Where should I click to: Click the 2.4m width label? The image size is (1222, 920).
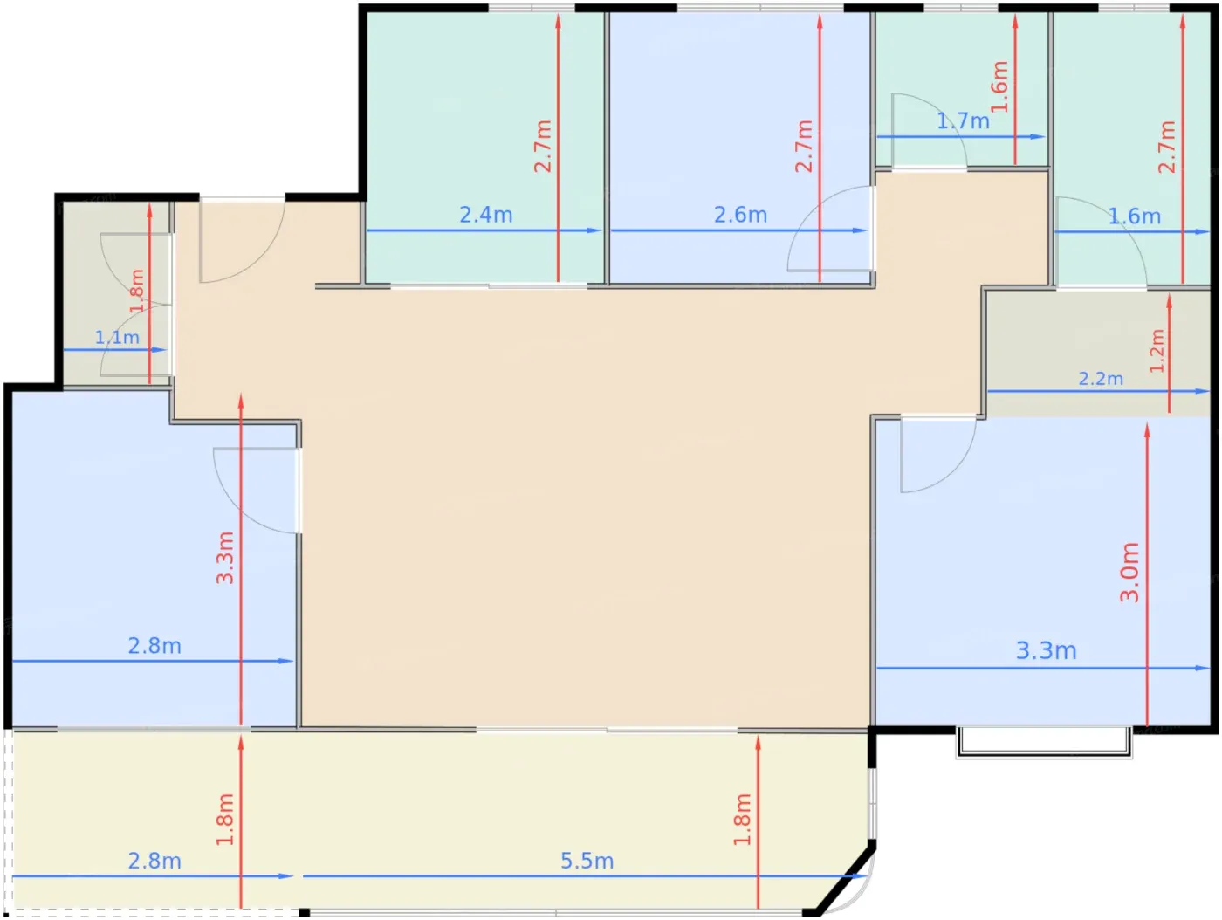coord(485,215)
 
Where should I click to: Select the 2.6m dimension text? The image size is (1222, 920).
coord(740,215)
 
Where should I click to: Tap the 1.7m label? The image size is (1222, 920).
coord(963,120)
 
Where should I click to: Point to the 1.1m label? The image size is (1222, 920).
coord(117,337)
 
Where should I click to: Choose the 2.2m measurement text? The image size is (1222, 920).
coord(1101,379)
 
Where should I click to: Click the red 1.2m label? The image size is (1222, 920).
coord(1157,350)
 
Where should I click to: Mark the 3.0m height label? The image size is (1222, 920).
coord(1130,572)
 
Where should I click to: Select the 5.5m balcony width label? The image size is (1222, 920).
coord(587,861)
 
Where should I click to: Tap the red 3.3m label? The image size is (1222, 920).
coord(225,558)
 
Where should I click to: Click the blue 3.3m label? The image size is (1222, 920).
coord(1046,650)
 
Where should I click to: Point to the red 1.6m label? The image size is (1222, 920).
coord(1000,86)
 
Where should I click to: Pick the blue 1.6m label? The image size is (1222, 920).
coord(1134,216)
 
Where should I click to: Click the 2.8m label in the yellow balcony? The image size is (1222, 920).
coord(154,861)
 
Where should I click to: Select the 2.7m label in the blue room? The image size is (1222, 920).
coord(804,146)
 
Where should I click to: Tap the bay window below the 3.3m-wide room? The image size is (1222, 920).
coord(1044,744)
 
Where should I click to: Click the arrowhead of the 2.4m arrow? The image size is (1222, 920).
coord(594,230)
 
